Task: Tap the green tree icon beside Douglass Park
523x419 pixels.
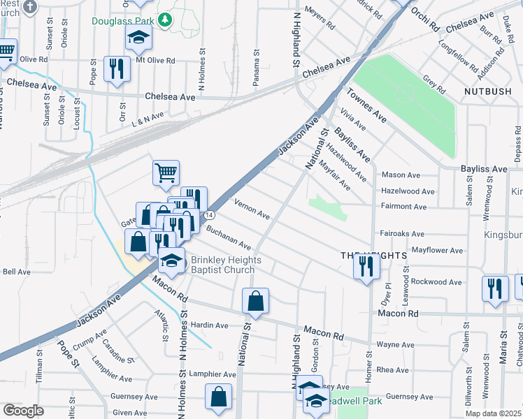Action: (165, 19)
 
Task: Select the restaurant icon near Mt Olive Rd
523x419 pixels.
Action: (116, 68)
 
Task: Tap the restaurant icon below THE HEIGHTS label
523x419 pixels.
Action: (366, 266)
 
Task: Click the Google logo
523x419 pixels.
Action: (23, 411)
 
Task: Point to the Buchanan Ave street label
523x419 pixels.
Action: (228, 237)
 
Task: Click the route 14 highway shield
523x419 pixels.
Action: (209, 216)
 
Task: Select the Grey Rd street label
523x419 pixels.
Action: (434, 84)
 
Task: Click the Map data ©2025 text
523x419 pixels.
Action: (494, 413)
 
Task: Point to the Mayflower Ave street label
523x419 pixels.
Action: (437, 250)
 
